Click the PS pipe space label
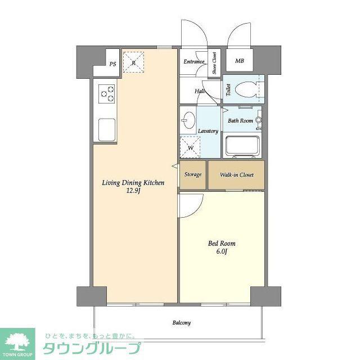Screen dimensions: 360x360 tap(112, 64)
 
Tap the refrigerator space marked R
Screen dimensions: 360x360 tap(133, 62)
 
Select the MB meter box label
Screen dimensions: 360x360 tap(240, 61)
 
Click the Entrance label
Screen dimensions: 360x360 tap(193, 61)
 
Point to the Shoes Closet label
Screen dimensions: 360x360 tap(214, 63)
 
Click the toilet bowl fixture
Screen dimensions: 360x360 tap(246, 89)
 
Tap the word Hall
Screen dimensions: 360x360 tap(200, 91)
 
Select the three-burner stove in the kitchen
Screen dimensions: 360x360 tap(106, 94)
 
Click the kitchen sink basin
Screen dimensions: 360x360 tap(107, 129)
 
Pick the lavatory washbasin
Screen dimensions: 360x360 tap(188, 120)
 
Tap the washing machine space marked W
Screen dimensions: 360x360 tap(190, 147)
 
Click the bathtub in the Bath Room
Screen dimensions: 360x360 tap(243, 146)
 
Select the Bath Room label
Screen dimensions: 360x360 tap(240, 120)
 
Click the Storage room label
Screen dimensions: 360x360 tap(193, 174)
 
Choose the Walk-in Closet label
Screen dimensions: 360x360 tap(237, 175)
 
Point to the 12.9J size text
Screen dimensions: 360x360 tap(133, 191)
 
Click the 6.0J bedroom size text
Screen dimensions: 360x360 tap(222, 251)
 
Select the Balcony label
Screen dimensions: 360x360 tap(182, 323)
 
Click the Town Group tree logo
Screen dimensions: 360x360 tap(17, 340)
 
